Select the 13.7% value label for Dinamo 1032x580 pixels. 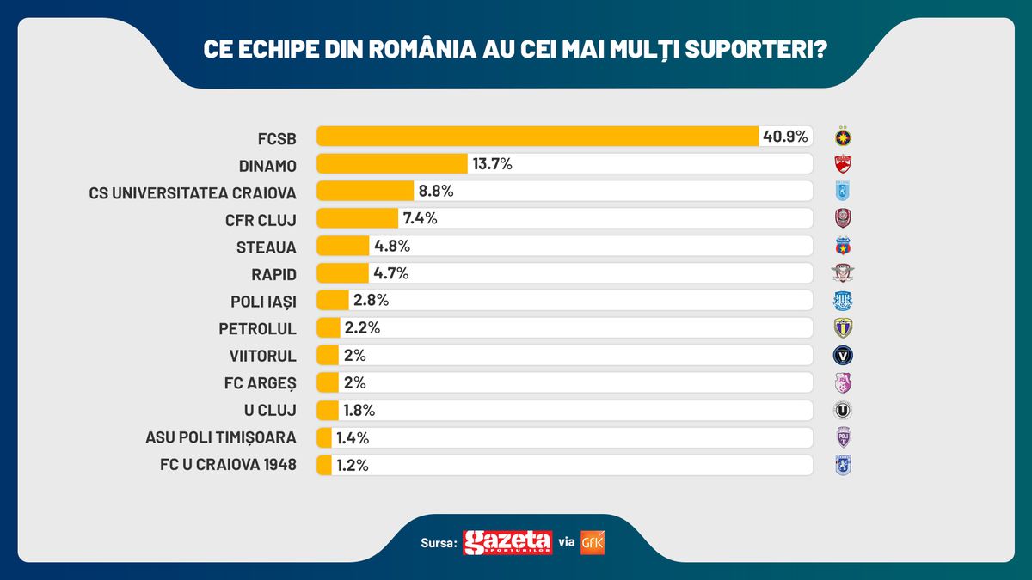(490, 164)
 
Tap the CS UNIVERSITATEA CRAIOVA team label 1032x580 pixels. (193, 192)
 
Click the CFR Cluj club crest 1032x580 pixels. (843, 218)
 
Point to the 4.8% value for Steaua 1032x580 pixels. (391, 247)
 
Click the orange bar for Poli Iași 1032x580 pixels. (333, 301)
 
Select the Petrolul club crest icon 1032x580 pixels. (843, 328)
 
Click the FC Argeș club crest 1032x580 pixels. (843, 383)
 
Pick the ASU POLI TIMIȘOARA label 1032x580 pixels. (221, 437)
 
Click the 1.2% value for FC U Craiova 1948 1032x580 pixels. (352, 465)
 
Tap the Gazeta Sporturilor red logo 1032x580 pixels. (507, 543)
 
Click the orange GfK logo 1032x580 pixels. (593, 543)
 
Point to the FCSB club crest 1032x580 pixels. (843, 137)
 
